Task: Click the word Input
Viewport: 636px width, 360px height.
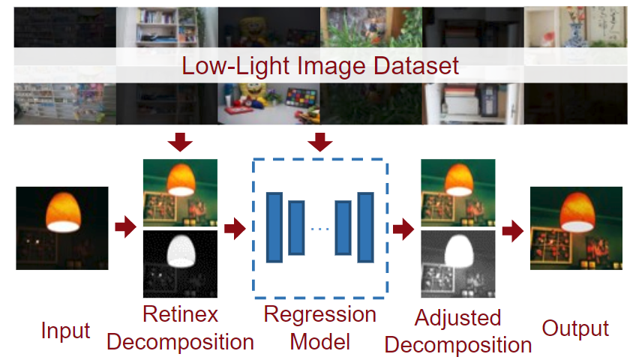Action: pos(66,330)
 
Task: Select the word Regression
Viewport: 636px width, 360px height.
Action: pos(320,313)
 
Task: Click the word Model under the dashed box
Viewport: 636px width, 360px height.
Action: pos(320,341)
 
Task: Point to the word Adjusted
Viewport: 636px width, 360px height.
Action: pos(457,317)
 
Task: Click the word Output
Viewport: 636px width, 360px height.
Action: pos(576,328)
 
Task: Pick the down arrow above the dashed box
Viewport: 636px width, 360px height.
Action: pos(320,140)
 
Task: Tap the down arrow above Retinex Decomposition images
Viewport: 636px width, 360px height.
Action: pos(180,140)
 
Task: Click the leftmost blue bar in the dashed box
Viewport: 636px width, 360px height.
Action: pos(274,227)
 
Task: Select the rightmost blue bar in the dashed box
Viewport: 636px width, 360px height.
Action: pos(366,227)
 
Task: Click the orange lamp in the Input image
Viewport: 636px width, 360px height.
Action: pos(62,211)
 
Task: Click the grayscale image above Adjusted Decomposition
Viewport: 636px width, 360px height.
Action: pos(458,264)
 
